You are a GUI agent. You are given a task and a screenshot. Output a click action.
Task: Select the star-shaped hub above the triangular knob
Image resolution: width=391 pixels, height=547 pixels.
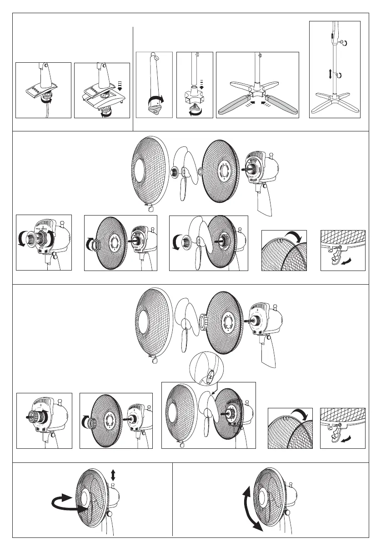coord(195,97)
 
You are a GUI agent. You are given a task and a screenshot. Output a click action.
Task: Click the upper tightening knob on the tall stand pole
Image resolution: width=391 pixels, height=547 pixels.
coord(341,42)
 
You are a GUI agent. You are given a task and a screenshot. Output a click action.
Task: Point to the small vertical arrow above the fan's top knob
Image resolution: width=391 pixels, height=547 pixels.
coord(113,475)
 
